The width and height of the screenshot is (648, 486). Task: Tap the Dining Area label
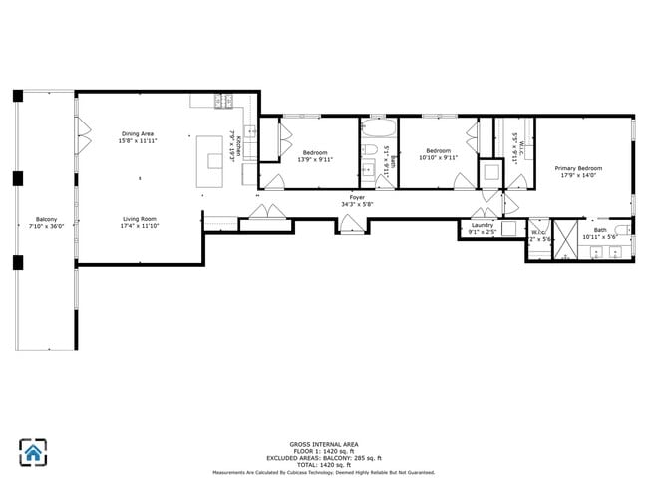[x=138, y=133]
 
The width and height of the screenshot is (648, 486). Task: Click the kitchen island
[x=211, y=159]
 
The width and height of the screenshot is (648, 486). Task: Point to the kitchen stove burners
[x=224, y=100]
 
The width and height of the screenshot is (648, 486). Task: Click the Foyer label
[x=356, y=198]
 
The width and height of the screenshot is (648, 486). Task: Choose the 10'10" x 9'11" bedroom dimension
[x=439, y=158]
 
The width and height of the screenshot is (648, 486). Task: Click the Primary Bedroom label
[x=577, y=168]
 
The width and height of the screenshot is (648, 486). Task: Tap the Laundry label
[x=482, y=226]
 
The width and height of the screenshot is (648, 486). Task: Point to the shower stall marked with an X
[x=565, y=239]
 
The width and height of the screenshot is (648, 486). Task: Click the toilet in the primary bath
[x=621, y=233]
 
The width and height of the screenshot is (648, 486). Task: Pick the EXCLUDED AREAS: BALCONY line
[x=324, y=457]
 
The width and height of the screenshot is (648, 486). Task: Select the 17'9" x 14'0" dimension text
[x=577, y=175]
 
